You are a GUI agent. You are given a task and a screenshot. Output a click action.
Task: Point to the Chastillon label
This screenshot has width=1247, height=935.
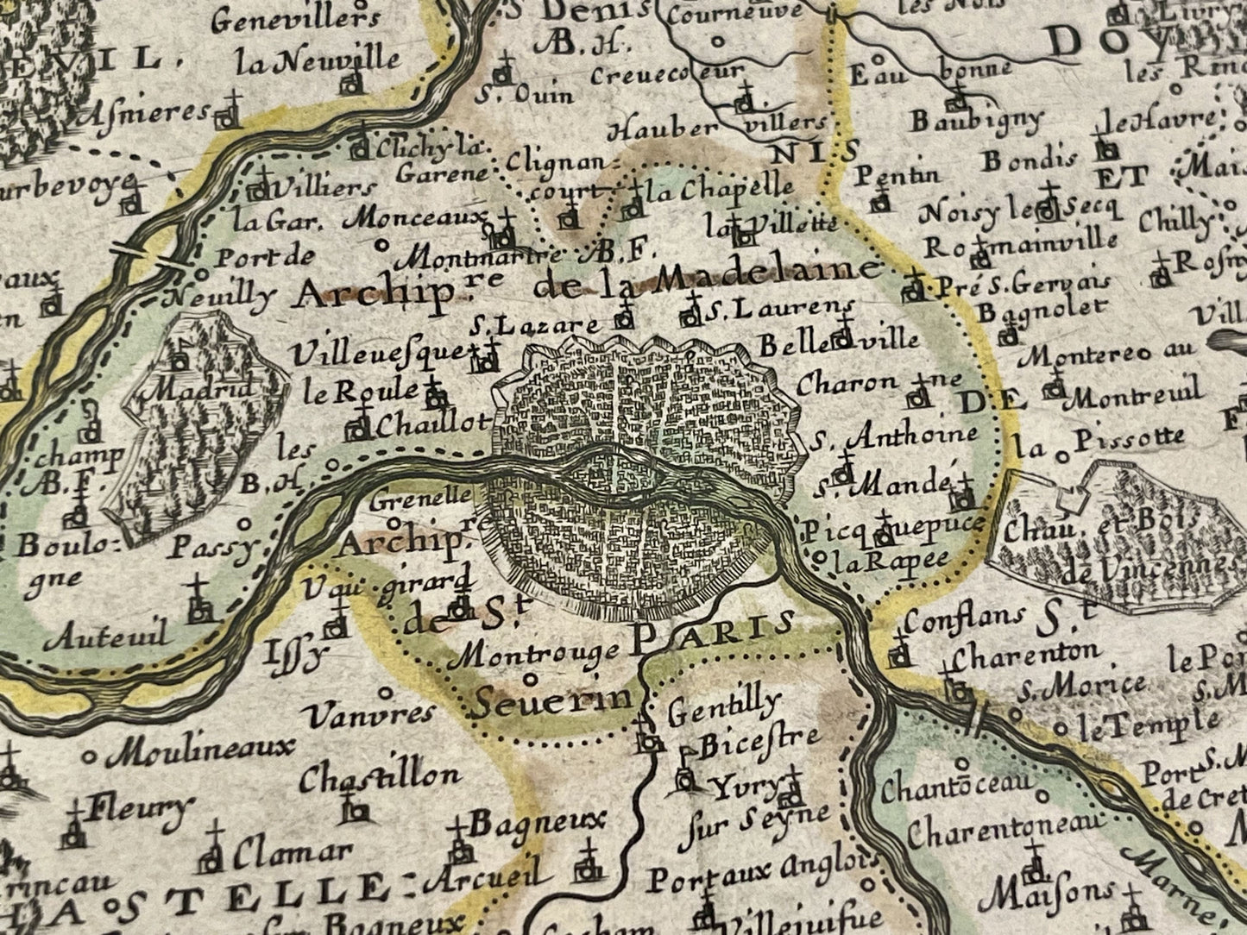tap(380, 776)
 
